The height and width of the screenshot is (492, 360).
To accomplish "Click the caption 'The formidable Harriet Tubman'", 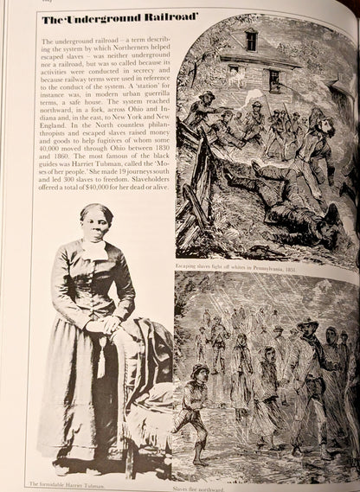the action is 62,482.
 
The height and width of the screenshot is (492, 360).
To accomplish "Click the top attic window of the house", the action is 251,39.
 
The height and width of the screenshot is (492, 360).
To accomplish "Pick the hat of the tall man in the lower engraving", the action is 308,326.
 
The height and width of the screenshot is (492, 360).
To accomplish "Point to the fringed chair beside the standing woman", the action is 151,380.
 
